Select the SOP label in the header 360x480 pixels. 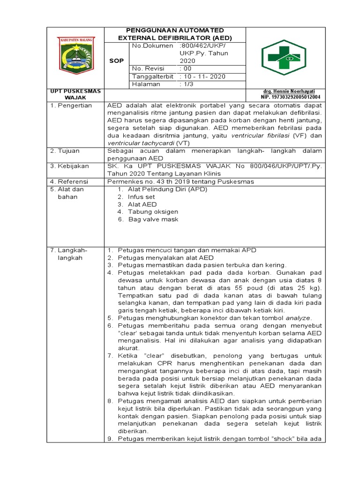pyautogui.click(x=116, y=61)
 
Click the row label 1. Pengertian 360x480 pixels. pyautogui.click(x=71, y=106)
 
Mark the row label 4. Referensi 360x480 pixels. pyautogui.click(x=69, y=181)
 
